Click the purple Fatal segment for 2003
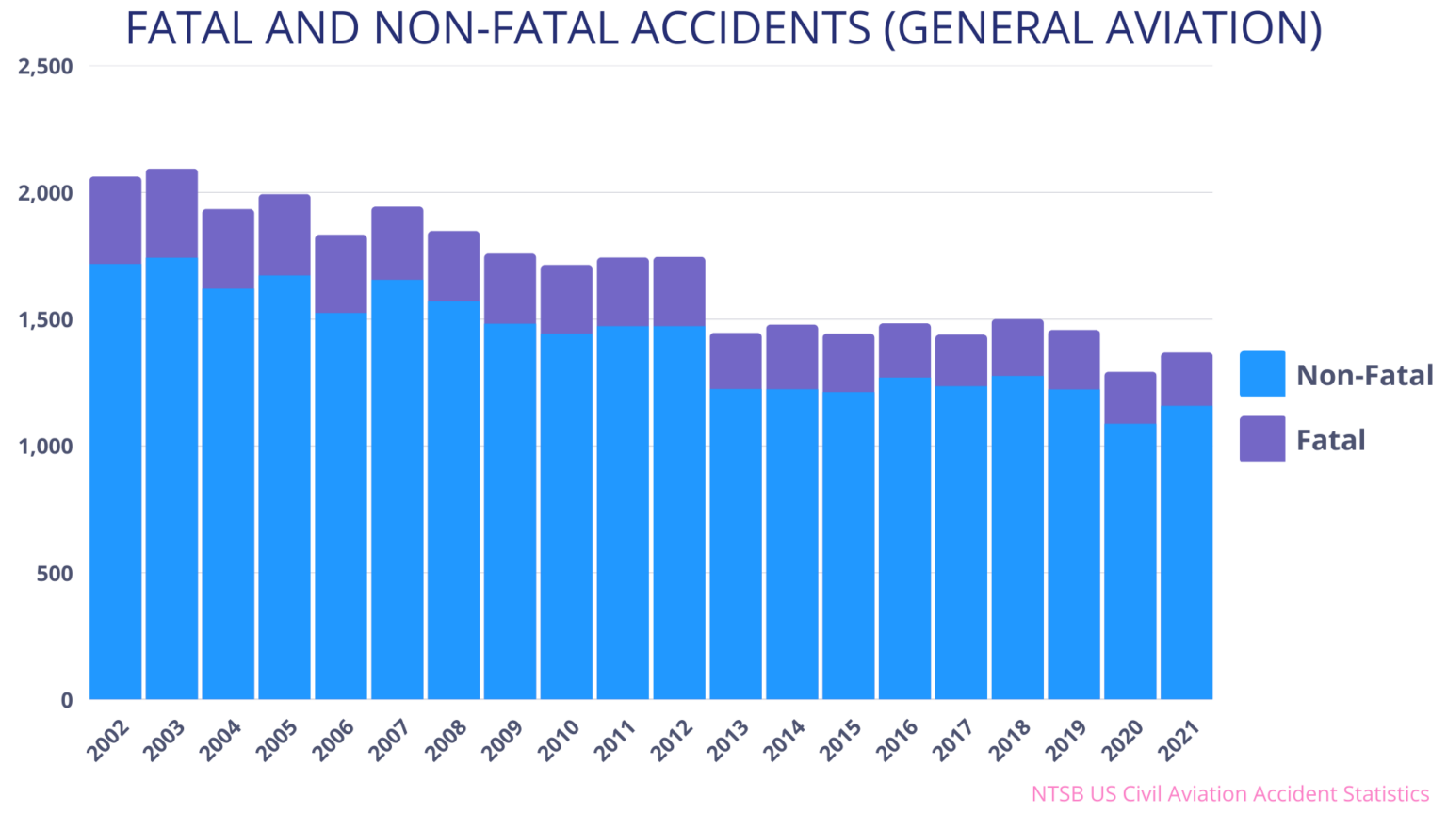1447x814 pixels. tap(171, 213)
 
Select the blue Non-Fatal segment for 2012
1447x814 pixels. tap(678, 513)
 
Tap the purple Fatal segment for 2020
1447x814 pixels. tap(1130, 398)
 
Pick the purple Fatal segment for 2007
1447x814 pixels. tap(397, 243)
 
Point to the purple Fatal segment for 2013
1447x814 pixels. tap(735, 360)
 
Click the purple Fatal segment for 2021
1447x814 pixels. tap(1186, 379)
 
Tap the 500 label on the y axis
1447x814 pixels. tap(55, 574)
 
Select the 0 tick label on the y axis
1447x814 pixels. tap(66, 700)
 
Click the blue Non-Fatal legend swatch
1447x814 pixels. tap(1261, 374)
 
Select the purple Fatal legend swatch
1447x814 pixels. tap(1261, 438)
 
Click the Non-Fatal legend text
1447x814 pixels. tap(1364, 375)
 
